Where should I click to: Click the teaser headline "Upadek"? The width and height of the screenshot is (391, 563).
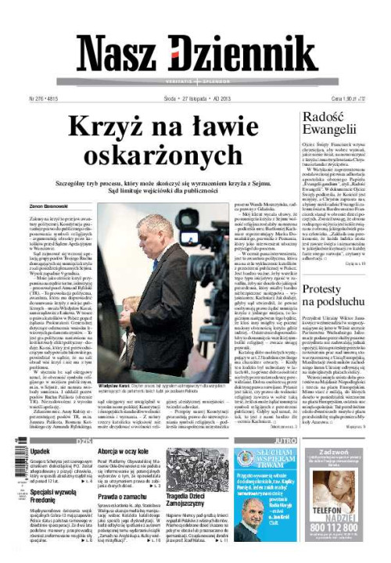tap(41, 452)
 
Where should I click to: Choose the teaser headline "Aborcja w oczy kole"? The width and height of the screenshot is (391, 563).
tap(127, 452)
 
